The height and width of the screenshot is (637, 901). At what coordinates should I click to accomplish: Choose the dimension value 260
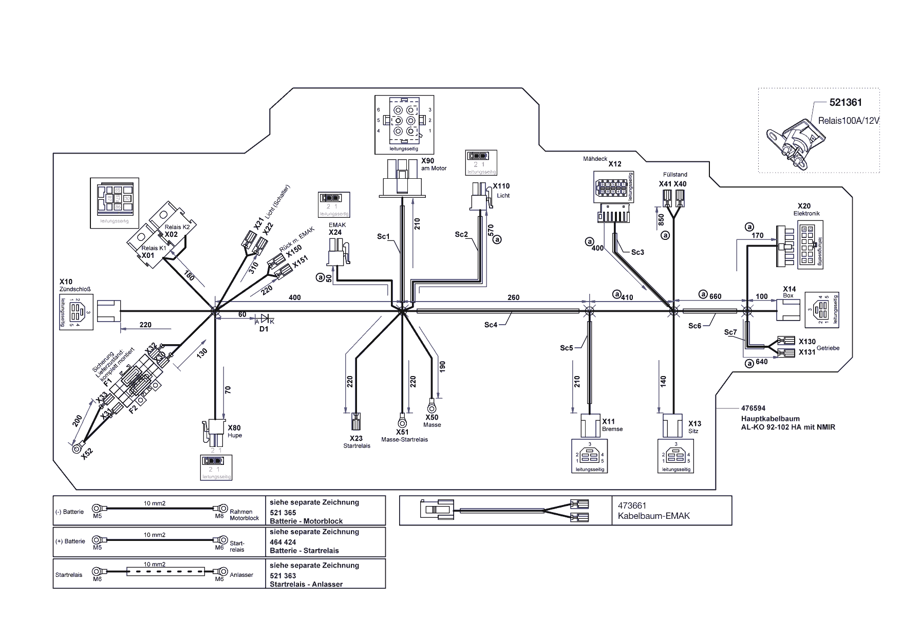513,297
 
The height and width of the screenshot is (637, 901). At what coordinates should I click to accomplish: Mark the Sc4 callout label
491,325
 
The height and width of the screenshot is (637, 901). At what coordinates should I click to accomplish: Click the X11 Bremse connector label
608,421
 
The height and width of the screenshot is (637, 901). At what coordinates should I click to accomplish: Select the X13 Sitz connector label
694,424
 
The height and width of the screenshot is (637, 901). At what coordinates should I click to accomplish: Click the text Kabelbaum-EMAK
653,516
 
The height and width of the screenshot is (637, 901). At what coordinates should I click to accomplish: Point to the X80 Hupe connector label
234,427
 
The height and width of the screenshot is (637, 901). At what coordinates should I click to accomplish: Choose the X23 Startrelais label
356,438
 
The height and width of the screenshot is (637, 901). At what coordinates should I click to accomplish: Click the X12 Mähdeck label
615,164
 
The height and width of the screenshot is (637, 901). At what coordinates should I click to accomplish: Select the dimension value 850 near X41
661,220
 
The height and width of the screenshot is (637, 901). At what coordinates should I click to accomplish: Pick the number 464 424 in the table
283,542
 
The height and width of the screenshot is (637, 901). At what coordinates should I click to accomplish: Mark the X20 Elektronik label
804,206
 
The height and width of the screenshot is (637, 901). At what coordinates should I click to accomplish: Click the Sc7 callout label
730,332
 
